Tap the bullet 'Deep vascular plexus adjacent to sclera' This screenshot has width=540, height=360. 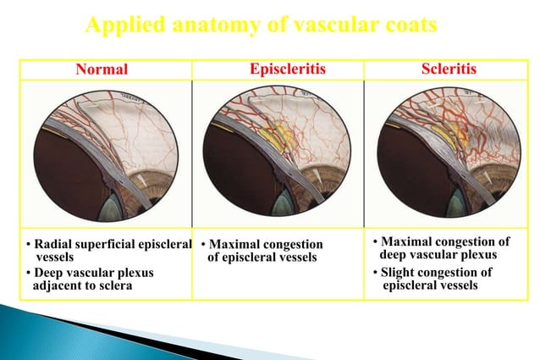pos(81,279)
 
